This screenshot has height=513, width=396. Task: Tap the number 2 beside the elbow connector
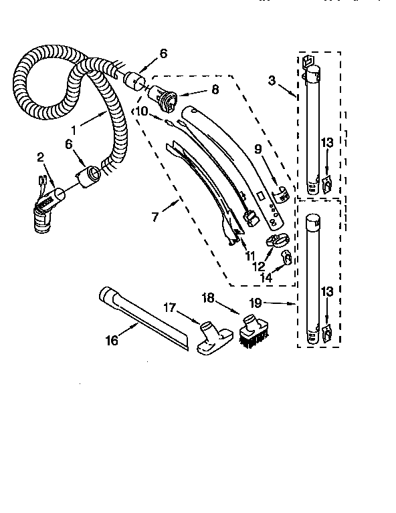(x=40, y=157)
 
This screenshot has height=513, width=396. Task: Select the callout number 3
(x=272, y=81)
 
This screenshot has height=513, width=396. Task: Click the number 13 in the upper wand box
(x=326, y=142)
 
